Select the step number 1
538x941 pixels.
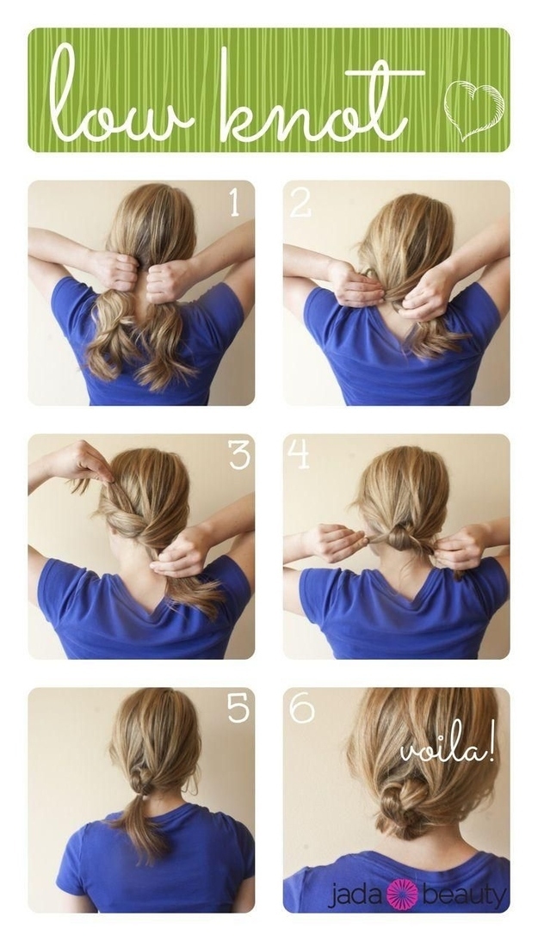[x=234, y=204]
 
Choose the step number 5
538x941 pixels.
[x=238, y=708]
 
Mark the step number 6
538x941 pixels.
[x=301, y=709]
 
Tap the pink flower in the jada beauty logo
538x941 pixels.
[x=402, y=895]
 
